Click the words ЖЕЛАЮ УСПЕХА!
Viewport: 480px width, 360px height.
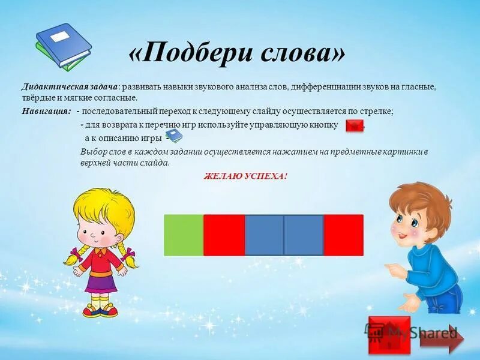click(246, 176)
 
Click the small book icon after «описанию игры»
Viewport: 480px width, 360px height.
click(173, 136)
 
